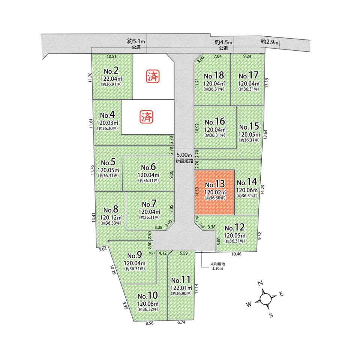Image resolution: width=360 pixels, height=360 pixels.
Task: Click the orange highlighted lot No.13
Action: click(x=214, y=192)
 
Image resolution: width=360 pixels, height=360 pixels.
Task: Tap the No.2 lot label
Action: click(x=111, y=71)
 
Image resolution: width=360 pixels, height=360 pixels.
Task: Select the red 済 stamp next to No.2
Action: click(x=153, y=76)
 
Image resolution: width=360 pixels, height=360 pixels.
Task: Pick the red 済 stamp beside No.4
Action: click(x=146, y=117)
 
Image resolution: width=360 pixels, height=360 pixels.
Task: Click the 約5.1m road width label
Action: click(x=136, y=41)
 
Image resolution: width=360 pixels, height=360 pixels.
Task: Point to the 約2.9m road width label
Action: click(x=270, y=42)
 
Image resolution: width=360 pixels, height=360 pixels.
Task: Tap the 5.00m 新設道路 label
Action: click(x=184, y=158)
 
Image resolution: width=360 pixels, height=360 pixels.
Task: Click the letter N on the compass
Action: click(x=260, y=283)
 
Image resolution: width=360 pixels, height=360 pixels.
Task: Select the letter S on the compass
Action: click(x=271, y=315)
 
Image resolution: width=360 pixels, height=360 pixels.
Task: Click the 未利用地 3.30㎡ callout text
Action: click(x=217, y=266)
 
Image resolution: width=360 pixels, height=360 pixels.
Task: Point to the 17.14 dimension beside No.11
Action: click(x=196, y=289)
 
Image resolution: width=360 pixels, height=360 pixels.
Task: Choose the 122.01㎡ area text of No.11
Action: click(x=181, y=288)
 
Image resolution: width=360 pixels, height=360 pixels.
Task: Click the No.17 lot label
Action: click(x=248, y=75)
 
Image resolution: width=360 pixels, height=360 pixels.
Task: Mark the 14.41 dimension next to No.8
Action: click(x=94, y=217)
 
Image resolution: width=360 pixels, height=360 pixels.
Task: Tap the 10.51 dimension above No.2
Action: click(x=112, y=56)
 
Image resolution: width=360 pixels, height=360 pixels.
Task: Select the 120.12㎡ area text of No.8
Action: click(x=111, y=217)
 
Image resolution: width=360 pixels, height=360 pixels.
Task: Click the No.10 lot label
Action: click(x=148, y=296)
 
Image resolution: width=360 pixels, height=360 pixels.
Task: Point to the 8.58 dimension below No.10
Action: click(x=150, y=323)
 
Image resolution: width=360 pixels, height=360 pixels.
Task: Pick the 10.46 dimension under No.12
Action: click(x=236, y=254)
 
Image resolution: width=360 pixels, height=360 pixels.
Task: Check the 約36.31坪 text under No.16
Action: click(x=215, y=135)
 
